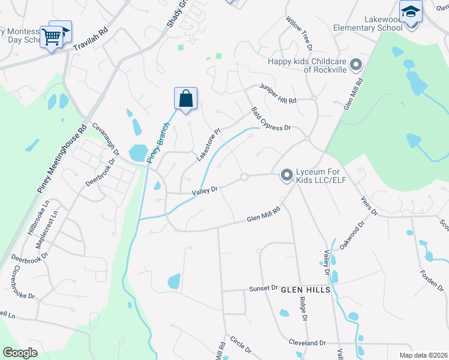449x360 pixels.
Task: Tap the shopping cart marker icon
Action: [51, 37]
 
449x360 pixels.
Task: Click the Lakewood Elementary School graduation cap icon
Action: [411, 12]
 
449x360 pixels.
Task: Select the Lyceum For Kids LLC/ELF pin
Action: [287, 175]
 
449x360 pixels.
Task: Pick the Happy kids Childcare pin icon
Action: [355, 64]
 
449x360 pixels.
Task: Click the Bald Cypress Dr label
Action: [271, 120]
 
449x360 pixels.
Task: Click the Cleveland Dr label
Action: [306, 343]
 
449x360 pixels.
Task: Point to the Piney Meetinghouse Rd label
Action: [62, 159]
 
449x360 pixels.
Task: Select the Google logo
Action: [20, 352]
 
